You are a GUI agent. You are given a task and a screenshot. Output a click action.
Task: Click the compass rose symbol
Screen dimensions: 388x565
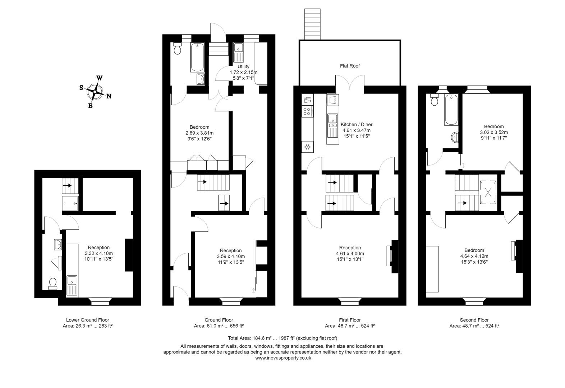coord(95,92)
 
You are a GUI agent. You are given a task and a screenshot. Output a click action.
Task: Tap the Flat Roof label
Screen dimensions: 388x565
coord(350,66)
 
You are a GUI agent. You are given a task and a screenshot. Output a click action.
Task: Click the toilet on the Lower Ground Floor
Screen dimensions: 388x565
coord(52,284)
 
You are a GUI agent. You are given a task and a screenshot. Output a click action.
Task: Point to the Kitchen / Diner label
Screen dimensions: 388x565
coord(356,125)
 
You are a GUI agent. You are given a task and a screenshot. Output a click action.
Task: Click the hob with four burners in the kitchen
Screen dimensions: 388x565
coord(307,111)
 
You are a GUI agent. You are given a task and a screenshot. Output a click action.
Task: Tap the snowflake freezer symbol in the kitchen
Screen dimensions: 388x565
coord(307,147)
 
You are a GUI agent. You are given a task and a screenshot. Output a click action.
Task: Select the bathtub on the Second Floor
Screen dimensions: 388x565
coord(451,110)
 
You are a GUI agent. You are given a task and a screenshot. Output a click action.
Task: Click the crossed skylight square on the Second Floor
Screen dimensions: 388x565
coord(488,192)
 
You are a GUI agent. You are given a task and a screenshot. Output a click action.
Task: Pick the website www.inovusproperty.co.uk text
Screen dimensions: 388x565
coord(283,358)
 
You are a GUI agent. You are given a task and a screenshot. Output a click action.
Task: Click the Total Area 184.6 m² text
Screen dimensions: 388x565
coord(282,338)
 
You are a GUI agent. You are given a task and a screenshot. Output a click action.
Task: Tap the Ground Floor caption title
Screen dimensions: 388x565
coord(219,320)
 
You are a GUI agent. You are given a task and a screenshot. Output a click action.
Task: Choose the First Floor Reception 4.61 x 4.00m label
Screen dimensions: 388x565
coord(350,253)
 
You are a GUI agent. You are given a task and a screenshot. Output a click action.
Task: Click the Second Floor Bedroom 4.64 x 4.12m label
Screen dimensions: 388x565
coord(474,256)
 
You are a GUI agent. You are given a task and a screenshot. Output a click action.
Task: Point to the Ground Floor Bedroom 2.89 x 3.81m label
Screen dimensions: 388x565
coord(199,133)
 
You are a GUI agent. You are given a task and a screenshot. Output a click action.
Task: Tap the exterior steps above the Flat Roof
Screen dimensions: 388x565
coord(312,24)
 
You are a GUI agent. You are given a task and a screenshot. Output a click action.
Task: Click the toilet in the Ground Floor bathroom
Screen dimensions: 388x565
coord(178,49)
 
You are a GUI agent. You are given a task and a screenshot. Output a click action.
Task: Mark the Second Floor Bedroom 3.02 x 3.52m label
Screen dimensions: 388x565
coord(493,132)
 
